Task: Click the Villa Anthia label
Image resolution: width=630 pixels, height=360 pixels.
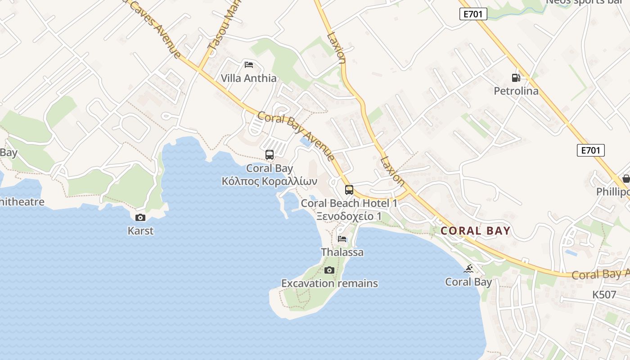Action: pyautogui.click(x=248, y=78)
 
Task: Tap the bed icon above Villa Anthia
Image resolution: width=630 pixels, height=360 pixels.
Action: pyautogui.click(x=248, y=64)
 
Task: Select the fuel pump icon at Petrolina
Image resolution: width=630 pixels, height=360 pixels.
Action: pyautogui.click(x=516, y=77)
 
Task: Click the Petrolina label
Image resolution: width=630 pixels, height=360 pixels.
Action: pyautogui.click(x=516, y=91)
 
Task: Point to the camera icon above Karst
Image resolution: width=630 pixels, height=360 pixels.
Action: pyautogui.click(x=140, y=217)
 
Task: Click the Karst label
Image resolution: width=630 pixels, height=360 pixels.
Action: pyautogui.click(x=140, y=231)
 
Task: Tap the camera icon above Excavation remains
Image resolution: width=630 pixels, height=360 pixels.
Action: pyautogui.click(x=329, y=270)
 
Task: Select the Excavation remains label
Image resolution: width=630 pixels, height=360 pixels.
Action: pyautogui.click(x=329, y=283)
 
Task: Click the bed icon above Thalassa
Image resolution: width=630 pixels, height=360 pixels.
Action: pyautogui.click(x=342, y=238)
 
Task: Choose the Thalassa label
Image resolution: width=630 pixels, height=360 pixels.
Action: pyautogui.click(x=342, y=252)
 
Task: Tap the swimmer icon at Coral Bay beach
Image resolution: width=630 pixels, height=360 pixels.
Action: pyautogui.click(x=468, y=269)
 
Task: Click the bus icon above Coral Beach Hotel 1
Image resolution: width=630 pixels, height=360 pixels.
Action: pyautogui.click(x=349, y=189)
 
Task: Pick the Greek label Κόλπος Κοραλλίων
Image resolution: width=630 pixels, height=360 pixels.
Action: pyautogui.click(x=269, y=181)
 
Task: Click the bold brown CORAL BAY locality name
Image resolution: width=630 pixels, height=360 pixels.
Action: pyautogui.click(x=475, y=231)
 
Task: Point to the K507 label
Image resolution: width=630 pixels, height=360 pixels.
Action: pyautogui.click(x=604, y=295)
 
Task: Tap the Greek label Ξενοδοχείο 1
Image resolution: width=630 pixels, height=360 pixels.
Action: pyautogui.click(x=349, y=216)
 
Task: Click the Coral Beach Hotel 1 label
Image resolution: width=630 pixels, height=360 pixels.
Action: pyautogui.click(x=349, y=203)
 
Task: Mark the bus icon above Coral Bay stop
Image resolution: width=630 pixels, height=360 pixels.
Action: pyautogui.click(x=269, y=155)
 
